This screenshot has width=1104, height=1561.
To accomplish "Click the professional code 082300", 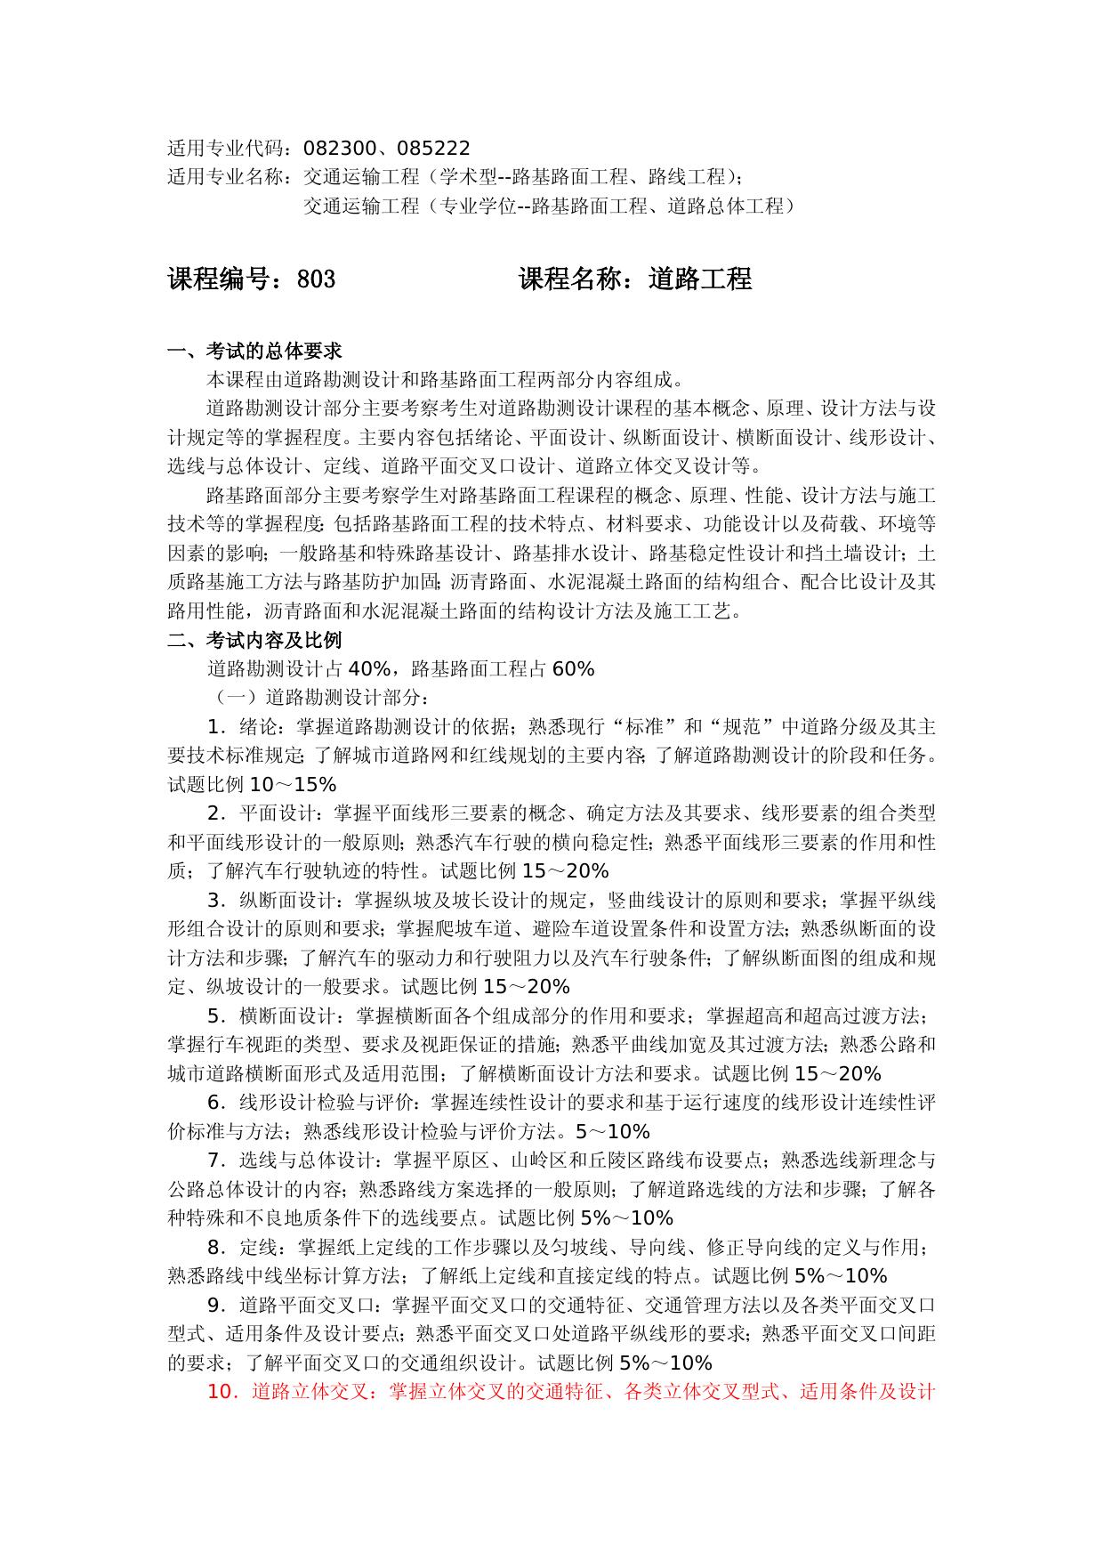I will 339,148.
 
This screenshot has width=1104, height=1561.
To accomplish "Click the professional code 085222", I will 434,148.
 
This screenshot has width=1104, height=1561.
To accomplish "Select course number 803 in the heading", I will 316,279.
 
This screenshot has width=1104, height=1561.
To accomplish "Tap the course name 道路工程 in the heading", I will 700,279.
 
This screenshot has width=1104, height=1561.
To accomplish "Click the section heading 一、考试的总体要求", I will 254,351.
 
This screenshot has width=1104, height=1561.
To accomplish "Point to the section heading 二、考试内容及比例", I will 254,640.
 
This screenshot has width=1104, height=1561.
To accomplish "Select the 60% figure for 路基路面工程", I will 573,669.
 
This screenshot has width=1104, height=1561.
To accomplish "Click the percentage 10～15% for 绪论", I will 293,785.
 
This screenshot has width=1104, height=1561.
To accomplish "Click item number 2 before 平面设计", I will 214,813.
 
